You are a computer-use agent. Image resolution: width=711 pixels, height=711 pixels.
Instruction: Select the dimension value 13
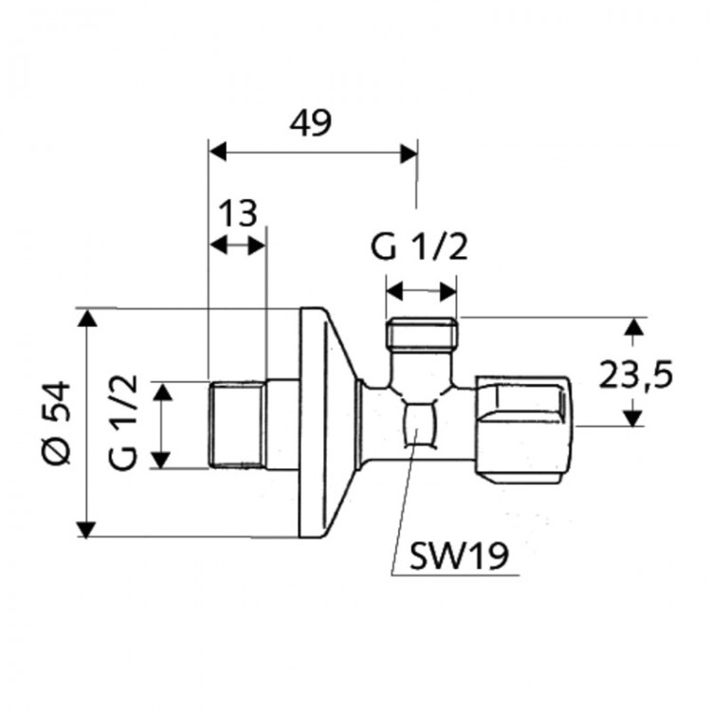pos(239,213)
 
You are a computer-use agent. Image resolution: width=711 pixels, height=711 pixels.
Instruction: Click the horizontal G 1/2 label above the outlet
pos(420,248)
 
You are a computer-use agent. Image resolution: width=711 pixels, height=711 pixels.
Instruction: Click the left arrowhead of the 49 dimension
pos(217,152)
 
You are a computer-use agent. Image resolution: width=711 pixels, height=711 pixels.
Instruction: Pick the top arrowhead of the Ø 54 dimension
pos(87,318)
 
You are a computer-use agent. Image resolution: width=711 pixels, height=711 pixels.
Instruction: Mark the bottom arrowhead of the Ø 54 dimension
pos(87,528)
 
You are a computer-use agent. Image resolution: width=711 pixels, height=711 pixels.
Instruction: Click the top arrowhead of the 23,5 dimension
pos(634,327)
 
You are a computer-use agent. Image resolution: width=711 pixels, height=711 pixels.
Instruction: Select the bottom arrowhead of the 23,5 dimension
pos(634,417)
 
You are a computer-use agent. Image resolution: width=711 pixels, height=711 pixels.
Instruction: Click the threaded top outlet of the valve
pos(422,335)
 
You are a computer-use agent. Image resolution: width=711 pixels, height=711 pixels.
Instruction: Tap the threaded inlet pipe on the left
pos(235,424)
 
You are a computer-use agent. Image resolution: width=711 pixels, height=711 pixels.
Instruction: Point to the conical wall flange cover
pos(327,422)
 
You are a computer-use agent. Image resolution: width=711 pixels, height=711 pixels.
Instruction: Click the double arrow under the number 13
pos(238,245)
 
